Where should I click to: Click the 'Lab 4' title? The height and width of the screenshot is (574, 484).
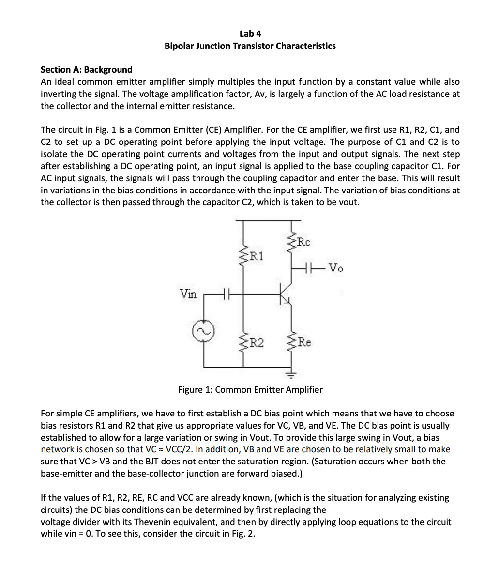pyautogui.click(x=250, y=33)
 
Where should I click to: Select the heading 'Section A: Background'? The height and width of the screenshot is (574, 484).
pyautogui.click(x=86, y=69)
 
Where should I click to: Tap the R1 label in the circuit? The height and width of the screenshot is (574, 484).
pyautogui.click(x=256, y=255)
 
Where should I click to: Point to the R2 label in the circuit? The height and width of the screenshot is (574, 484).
pyautogui.click(x=256, y=343)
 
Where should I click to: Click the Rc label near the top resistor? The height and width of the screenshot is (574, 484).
pyautogui.click(x=304, y=241)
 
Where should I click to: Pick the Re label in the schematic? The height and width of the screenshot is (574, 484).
pyautogui.click(x=304, y=342)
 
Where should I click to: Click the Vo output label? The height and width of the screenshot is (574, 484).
pyautogui.click(x=335, y=267)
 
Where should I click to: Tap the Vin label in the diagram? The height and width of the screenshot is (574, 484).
pyautogui.click(x=188, y=294)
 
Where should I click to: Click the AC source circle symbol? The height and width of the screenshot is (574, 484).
pyautogui.click(x=203, y=333)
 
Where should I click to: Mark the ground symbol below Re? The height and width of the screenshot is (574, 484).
pyautogui.click(x=291, y=374)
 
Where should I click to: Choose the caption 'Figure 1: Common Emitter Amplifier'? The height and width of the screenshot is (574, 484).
pyautogui.click(x=250, y=389)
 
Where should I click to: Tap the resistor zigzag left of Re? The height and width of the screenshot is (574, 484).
pyautogui.click(x=291, y=343)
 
